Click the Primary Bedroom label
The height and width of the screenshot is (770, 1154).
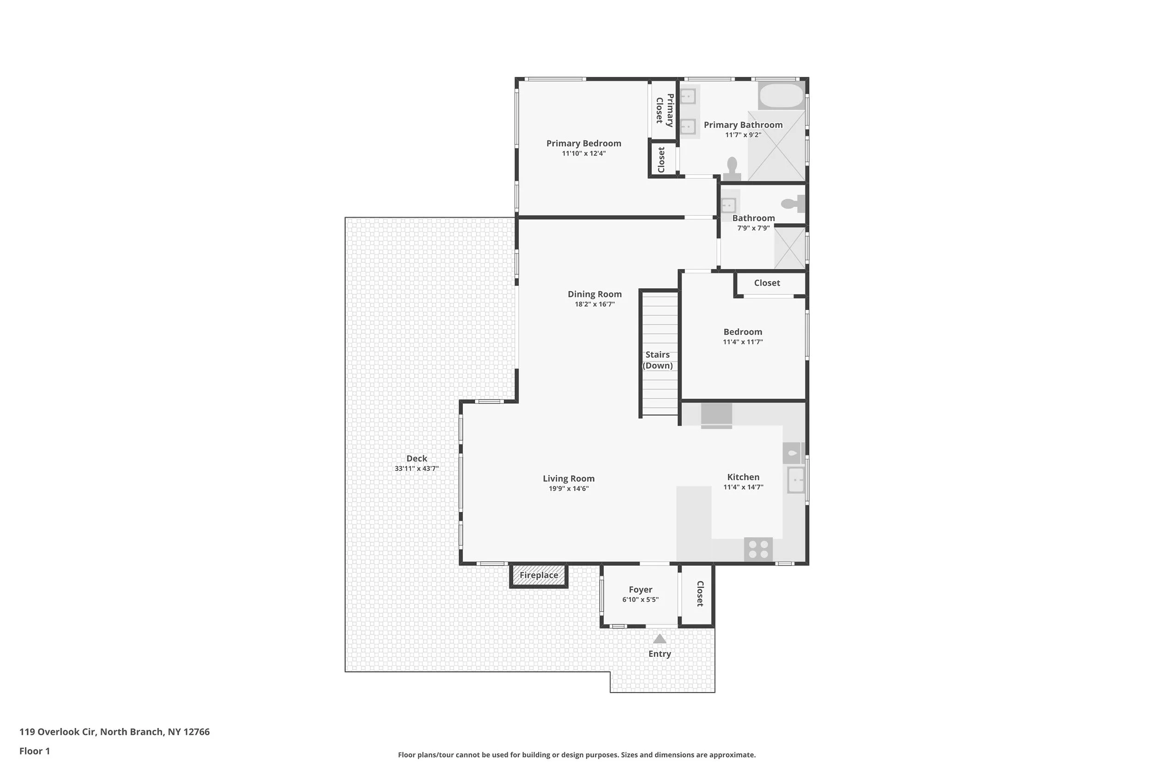click(x=583, y=143)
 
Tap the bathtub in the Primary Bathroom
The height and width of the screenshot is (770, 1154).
click(x=781, y=96)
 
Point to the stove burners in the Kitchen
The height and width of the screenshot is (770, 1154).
click(x=758, y=549)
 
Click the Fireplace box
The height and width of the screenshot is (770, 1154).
click(x=539, y=575)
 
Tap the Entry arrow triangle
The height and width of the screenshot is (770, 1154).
click(x=660, y=639)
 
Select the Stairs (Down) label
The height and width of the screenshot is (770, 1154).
click(x=657, y=360)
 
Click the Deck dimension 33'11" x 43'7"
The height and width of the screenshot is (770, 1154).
click(x=416, y=468)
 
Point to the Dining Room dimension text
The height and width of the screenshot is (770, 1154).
click(x=595, y=304)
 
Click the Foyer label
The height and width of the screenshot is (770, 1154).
click(x=640, y=589)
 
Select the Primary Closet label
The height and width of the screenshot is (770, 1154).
click(x=665, y=110)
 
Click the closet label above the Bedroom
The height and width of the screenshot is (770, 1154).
click(x=767, y=283)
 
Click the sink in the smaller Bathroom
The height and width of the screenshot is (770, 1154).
click(x=728, y=204)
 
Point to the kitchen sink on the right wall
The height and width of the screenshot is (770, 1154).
click(x=796, y=479)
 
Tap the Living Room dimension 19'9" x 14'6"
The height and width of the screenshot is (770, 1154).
click(x=569, y=489)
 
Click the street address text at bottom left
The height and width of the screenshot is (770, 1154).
click(x=114, y=732)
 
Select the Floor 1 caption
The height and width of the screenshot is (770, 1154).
click(x=34, y=751)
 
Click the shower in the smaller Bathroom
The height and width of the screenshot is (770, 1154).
click(x=789, y=249)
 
